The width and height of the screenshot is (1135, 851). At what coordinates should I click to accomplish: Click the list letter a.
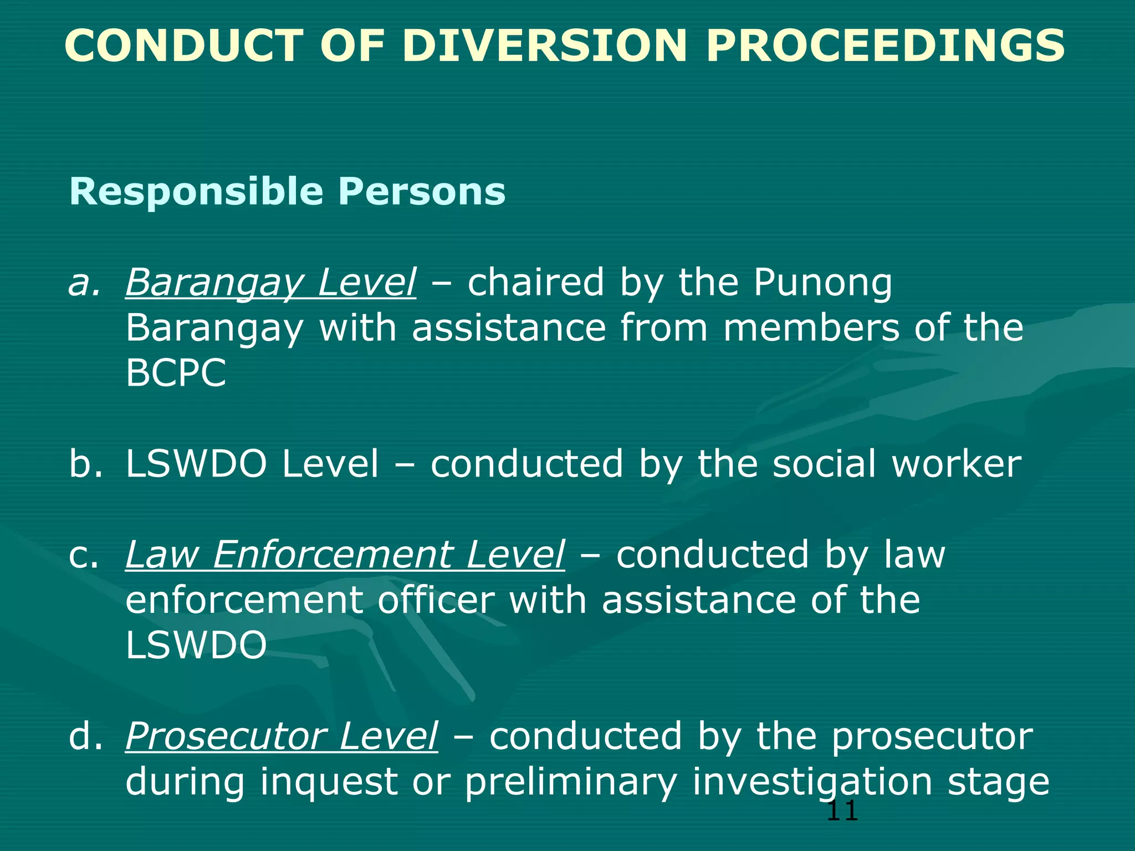(84, 283)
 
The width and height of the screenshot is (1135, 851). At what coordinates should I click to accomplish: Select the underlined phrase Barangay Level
(270, 283)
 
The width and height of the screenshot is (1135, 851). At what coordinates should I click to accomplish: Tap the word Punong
(822, 283)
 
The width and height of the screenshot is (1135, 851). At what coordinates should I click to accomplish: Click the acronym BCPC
(176, 373)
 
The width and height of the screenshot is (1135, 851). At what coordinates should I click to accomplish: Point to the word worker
(956, 464)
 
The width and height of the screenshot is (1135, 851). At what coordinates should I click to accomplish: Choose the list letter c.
(84, 555)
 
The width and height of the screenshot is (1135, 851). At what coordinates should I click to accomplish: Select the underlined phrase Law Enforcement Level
(345, 555)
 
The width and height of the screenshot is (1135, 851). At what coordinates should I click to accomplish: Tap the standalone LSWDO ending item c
(196, 645)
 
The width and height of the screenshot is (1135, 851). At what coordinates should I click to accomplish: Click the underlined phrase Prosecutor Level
(282, 736)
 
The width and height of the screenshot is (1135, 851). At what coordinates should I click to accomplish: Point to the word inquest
(329, 782)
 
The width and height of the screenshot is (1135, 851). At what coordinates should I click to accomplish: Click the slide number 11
(842, 812)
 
